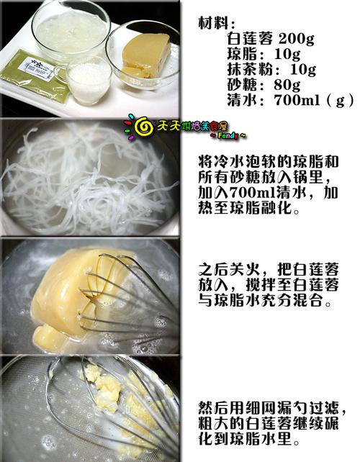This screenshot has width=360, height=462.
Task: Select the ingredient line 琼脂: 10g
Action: [256, 55]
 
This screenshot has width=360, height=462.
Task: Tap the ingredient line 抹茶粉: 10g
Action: [261, 70]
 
